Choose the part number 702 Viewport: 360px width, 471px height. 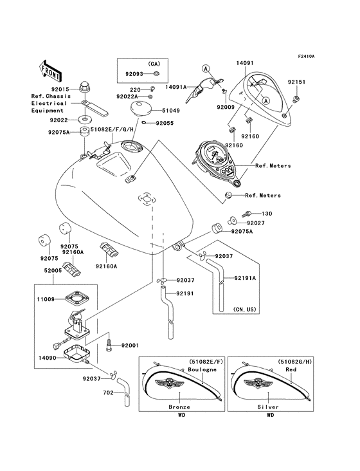pos(108,392)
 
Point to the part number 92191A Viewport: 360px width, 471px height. pos(244,279)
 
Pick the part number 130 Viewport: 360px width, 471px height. pos(267,214)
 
